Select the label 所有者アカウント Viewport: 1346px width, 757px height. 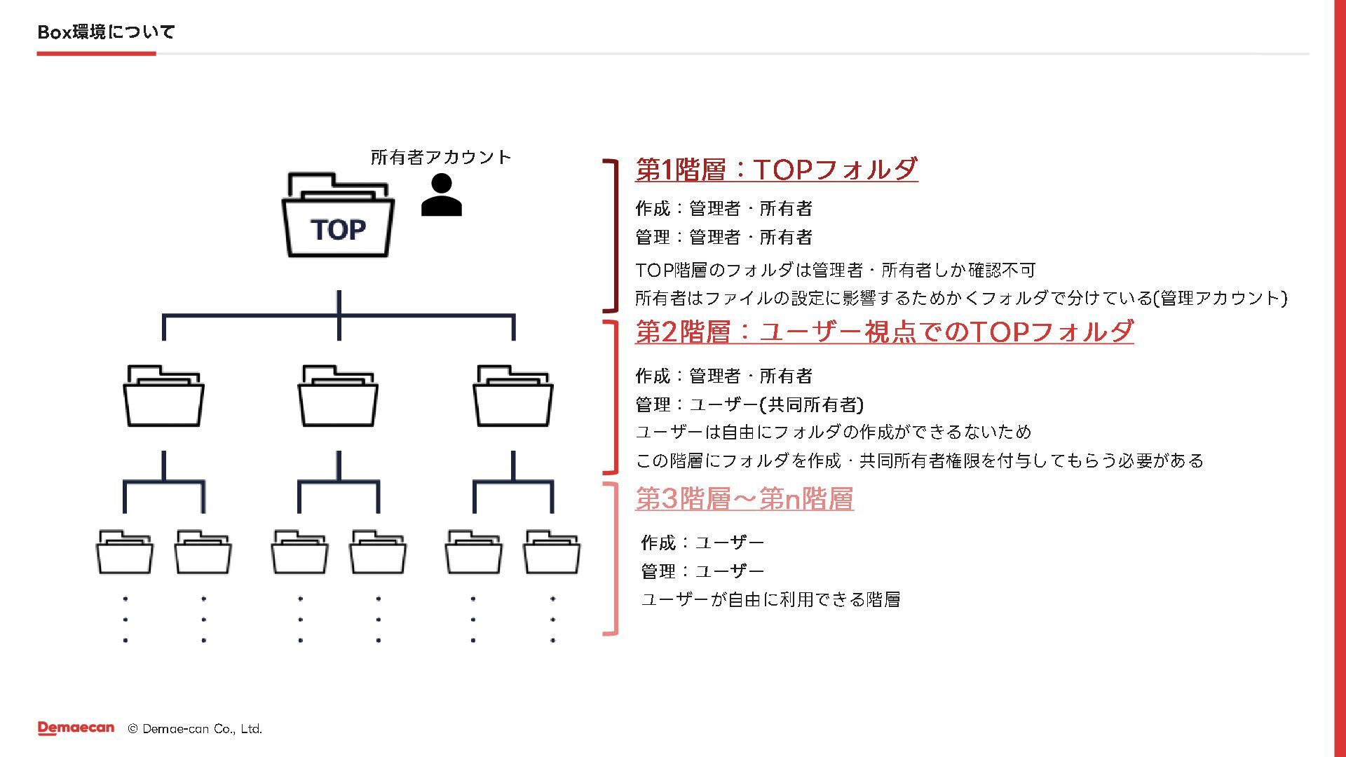coord(441,157)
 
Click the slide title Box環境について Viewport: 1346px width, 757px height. coord(106,32)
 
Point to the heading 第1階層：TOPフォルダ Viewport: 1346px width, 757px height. coord(776,170)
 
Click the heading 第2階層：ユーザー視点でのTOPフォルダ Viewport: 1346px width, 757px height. coord(884,332)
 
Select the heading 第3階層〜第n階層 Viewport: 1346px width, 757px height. coord(744,499)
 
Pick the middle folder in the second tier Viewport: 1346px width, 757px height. coord(338,397)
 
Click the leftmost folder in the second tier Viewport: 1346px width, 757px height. coord(164,397)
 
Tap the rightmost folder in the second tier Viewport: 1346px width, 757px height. coord(513,397)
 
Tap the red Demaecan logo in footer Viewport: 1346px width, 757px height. coord(76,728)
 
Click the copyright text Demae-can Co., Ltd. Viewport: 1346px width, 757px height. coord(195,729)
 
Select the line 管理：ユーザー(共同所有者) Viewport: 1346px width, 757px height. coord(749,404)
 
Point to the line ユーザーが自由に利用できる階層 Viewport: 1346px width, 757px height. coord(770,599)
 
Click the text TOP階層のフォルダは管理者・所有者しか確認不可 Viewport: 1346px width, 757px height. coord(835,270)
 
